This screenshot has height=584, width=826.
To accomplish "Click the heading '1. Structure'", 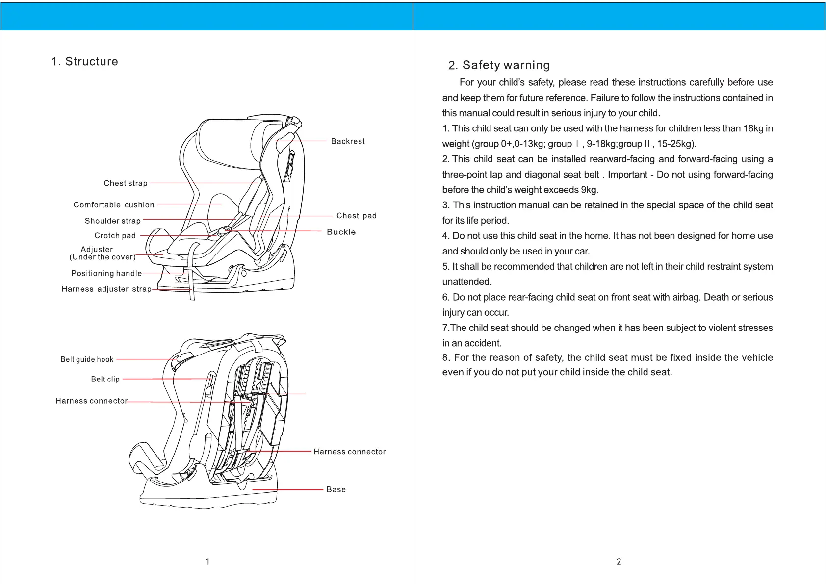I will pyautogui.click(x=85, y=62).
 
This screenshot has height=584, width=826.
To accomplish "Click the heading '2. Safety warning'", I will pyautogui.click(x=499, y=65).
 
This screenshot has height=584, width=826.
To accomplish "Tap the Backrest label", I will pyautogui.click(x=348, y=141).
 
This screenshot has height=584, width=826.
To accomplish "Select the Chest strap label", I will pyautogui.click(x=126, y=183).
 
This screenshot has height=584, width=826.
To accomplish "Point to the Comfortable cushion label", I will pyautogui.click(x=114, y=205).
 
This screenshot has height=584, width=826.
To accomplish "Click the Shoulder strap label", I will pyautogui.click(x=113, y=221).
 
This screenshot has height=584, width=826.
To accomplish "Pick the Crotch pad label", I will pyautogui.click(x=115, y=236).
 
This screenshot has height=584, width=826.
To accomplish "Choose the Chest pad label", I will pyautogui.click(x=357, y=216).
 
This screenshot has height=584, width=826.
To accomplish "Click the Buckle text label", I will pyautogui.click(x=341, y=232).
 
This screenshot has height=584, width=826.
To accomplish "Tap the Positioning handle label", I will pyautogui.click(x=106, y=273).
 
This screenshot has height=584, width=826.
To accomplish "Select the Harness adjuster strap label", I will pyautogui.click(x=106, y=289).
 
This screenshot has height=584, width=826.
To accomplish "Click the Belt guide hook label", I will pyautogui.click(x=87, y=359).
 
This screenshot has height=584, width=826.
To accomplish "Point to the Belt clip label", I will pyautogui.click(x=105, y=379).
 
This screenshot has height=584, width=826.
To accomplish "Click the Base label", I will pyautogui.click(x=336, y=489).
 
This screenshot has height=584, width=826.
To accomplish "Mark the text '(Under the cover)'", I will pyautogui.click(x=103, y=257).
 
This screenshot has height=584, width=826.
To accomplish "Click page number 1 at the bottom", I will pyautogui.click(x=208, y=561).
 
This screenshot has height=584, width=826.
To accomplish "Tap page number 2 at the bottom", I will pyautogui.click(x=619, y=561).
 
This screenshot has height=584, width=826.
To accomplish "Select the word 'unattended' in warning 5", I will pyautogui.click(x=466, y=282).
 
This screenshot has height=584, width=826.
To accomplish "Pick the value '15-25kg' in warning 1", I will pyautogui.click(x=673, y=144).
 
